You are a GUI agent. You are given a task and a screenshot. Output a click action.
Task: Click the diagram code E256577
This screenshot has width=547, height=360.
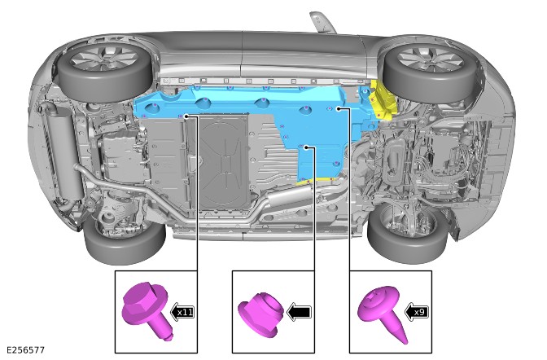coord(25,350)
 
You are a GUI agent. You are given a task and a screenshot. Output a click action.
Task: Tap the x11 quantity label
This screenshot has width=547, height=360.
coord(185,312)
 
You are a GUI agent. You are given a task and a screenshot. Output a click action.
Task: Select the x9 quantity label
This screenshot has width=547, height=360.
coord(419,312)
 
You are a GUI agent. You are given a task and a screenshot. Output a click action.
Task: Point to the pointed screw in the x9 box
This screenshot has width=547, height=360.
coord(383,311)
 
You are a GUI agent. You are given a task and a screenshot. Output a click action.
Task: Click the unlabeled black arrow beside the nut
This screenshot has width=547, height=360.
coord(299,312)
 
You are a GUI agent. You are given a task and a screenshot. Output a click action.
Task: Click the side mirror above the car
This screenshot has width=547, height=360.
coord(322,22)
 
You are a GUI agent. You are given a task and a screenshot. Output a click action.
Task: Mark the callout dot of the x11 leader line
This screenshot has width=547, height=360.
coord(187,116)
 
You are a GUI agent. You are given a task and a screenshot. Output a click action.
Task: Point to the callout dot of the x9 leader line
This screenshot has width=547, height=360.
coord(339,109)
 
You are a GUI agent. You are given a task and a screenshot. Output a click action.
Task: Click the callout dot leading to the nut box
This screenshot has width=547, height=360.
coord(306,147)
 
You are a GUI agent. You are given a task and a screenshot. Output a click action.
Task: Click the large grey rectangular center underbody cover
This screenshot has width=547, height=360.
coord(223,161)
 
